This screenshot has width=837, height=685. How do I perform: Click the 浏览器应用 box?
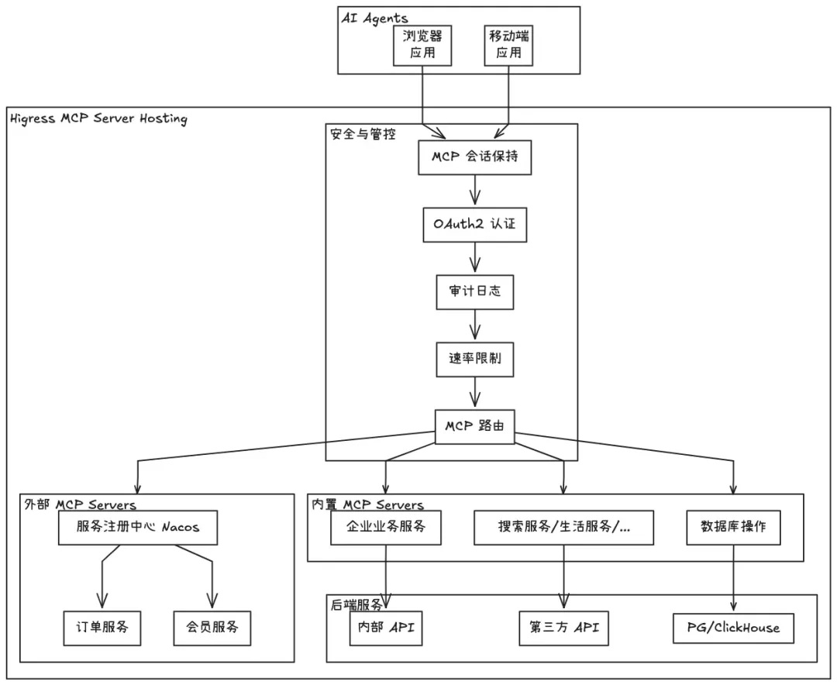[x=423, y=45]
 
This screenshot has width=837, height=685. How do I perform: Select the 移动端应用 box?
[x=509, y=45]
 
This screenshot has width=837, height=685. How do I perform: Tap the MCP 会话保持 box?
[x=475, y=157]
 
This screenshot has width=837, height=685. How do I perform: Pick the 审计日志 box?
[x=474, y=292]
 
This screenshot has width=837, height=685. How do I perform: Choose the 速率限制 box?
[x=474, y=360]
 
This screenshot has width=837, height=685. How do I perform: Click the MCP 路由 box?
[x=475, y=427]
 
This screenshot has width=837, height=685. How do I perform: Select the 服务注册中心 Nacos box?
[x=138, y=528]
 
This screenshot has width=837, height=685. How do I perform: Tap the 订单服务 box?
[x=102, y=626]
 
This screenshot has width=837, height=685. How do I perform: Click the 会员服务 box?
[x=212, y=626]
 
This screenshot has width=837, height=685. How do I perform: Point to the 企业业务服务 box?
[x=386, y=528]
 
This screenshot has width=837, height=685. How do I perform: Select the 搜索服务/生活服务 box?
[x=563, y=528]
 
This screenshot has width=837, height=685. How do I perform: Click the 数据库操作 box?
[x=733, y=528]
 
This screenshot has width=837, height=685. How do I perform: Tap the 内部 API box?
[x=385, y=627]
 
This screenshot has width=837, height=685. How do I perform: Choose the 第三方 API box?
[x=563, y=627]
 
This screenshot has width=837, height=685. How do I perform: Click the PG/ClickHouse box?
[x=733, y=627]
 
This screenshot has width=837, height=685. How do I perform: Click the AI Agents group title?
[x=374, y=18]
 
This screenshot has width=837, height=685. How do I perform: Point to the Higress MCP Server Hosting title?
[x=98, y=119]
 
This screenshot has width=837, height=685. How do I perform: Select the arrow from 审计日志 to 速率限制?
[x=475, y=325]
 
